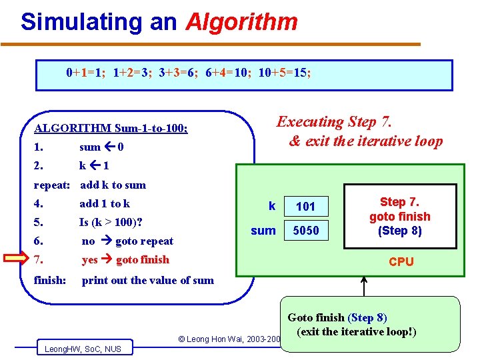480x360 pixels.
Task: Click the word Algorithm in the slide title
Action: (241, 22)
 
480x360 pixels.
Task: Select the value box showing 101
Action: (305, 206)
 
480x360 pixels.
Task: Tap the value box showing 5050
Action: (305, 231)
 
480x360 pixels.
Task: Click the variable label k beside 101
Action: (271, 206)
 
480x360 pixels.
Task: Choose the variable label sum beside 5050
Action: (263, 231)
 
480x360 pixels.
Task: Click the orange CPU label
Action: (401, 262)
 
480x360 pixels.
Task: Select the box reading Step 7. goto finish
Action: (399, 217)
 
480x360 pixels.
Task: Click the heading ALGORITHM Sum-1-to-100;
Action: (111, 128)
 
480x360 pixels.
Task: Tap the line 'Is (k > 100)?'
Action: (111, 222)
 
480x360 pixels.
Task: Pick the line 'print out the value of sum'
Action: (147, 280)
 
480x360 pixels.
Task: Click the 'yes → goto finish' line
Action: (125, 259)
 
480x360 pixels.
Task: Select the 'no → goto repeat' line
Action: (127, 241)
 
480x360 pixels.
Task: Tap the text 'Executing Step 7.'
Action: (335, 121)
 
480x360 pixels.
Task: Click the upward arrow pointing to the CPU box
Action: (364, 285)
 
